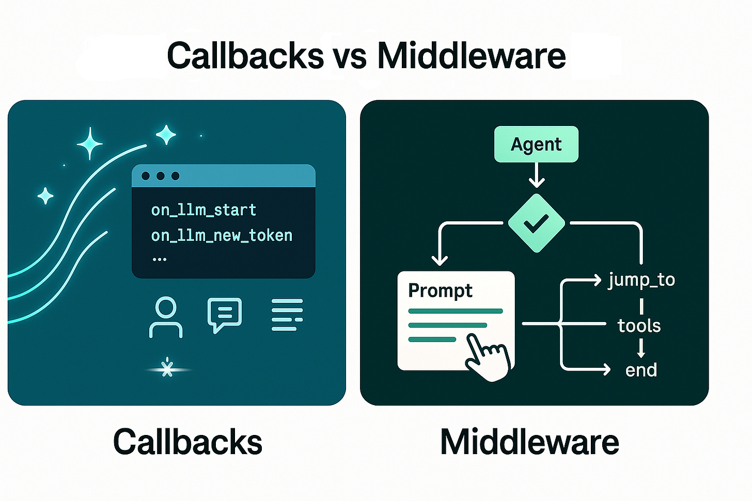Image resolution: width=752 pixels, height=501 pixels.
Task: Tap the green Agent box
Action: pos(536,144)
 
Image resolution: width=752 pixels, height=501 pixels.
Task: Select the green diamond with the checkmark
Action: pos(536,223)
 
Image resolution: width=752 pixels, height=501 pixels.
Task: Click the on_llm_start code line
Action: pos(203,210)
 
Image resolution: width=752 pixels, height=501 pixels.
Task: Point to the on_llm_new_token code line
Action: pos(222,236)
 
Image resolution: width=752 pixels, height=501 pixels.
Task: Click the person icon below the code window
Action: pos(166,317)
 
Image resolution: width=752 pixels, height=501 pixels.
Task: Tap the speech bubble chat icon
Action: pos(224,314)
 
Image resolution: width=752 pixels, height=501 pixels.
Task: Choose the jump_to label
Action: pos(641,280)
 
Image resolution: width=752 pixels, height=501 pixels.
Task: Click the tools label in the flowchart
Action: pos(639,326)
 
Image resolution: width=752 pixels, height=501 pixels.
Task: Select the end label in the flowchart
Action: pos(641,370)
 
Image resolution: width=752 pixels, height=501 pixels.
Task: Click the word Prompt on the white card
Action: pos(440,290)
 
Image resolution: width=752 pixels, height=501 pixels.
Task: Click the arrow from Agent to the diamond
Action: pos(537,176)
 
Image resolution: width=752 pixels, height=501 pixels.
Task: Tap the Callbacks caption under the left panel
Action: pos(187,442)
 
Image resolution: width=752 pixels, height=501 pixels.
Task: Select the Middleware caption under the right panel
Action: pos(529,442)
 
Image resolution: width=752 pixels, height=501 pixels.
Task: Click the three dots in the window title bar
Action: pos(160,176)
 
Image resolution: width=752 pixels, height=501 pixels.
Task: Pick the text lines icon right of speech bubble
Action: pos(287,314)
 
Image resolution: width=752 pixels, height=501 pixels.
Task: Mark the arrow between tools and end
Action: pos(641,348)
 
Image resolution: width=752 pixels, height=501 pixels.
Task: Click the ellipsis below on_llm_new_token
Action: pos(160,259)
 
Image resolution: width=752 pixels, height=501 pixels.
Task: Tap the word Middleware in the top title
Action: pos(472,56)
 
